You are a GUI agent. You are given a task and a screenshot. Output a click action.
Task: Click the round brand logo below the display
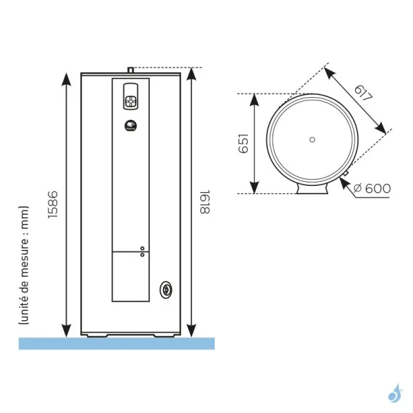click(131, 126)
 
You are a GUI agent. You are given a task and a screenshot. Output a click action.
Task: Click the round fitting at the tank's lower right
click(166, 290)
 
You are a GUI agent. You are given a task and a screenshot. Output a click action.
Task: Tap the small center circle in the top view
click(312, 140)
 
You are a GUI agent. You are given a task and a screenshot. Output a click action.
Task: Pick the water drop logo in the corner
click(394, 394)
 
